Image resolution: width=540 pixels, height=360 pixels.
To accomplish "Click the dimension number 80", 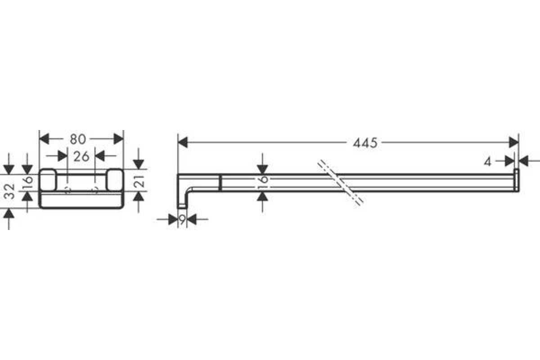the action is click(x=78, y=139).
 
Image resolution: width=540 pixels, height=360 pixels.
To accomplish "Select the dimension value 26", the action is click(x=81, y=157).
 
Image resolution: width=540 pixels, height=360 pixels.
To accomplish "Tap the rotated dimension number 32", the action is click(x=9, y=191).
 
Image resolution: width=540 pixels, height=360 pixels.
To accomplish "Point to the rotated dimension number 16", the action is click(x=28, y=182).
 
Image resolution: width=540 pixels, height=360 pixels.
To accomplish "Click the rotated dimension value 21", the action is click(x=139, y=181).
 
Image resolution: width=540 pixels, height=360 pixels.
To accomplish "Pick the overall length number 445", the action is click(x=365, y=143).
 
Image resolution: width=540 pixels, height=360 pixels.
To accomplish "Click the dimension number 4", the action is click(x=487, y=162).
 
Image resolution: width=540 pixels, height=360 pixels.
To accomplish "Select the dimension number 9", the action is click(x=183, y=220).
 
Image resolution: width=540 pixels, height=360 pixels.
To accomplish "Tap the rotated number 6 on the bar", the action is click(x=264, y=179).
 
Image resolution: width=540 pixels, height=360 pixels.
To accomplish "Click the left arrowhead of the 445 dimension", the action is click(x=183, y=142).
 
